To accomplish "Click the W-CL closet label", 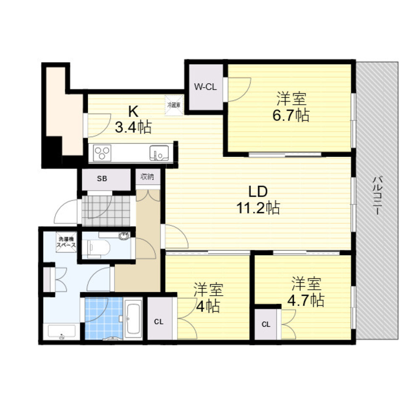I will [205, 87].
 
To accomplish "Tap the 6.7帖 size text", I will [291, 115].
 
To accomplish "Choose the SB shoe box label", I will [102, 178].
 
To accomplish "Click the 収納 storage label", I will [147, 177].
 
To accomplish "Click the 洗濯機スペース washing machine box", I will [67, 242].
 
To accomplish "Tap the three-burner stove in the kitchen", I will [102, 152].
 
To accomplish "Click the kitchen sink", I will [159, 153].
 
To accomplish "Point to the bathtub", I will [134, 319].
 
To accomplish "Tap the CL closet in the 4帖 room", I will [158, 322].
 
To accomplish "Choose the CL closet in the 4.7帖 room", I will [266, 324].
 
